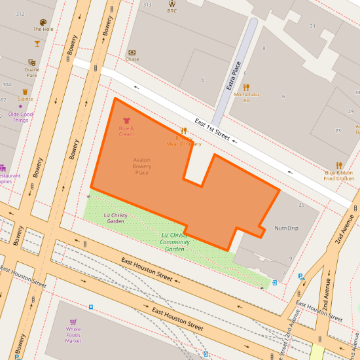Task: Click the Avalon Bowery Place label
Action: pyautogui.click(x=142, y=166)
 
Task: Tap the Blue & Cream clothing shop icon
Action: pyautogui.click(x=126, y=121)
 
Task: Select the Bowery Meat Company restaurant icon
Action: pyautogui.click(x=184, y=131)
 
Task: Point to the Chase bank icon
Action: pyautogui.click(x=132, y=52)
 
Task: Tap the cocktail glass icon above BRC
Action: pyautogui.click(x=172, y=3)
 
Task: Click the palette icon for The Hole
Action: pyautogui.click(x=43, y=22)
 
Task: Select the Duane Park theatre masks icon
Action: pyautogui.click(x=31, y=61)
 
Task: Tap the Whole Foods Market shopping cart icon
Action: pyautogui.click(x=73, y=322)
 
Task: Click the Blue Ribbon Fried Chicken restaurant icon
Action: pyautogui.click(x=339, y=165)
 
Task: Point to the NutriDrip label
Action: pyautogui.click(x=286, y=228)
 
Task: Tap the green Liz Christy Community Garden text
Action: pyautogui.click(x=175, y=242)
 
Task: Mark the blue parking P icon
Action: pyautogui.click(x=300, y=276)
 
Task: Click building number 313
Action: pyautogui.click(x=147, y=5)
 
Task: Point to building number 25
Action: pyautogui.click(x=301, y=206)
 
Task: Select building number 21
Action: pyautogui.click(x=313, y=26)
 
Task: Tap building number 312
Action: pyautogui.click(x=20, y=14)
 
